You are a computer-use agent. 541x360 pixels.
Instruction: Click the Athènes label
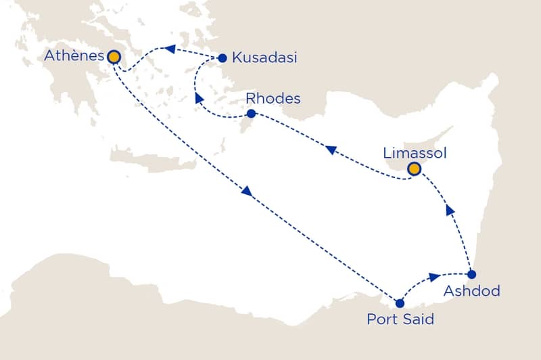click(73, 56)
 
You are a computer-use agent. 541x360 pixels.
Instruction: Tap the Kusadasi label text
click(264, 58)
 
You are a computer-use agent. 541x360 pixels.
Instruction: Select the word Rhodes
click(274, 99)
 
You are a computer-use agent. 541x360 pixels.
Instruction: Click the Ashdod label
click(472, 292)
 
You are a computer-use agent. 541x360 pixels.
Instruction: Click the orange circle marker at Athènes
click(114, 57)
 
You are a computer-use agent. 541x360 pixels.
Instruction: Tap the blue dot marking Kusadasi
click(222, 58)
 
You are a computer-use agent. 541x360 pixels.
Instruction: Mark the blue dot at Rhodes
click(251, 114)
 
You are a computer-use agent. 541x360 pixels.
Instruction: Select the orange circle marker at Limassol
click(414, 168)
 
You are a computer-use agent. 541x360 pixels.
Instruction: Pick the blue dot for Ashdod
click(472, 274)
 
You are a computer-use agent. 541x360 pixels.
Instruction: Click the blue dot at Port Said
click(400, 304)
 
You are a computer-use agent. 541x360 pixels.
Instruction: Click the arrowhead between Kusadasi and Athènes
click(170, 49)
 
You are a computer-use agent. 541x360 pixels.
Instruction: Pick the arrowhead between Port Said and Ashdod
click(433, 277)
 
